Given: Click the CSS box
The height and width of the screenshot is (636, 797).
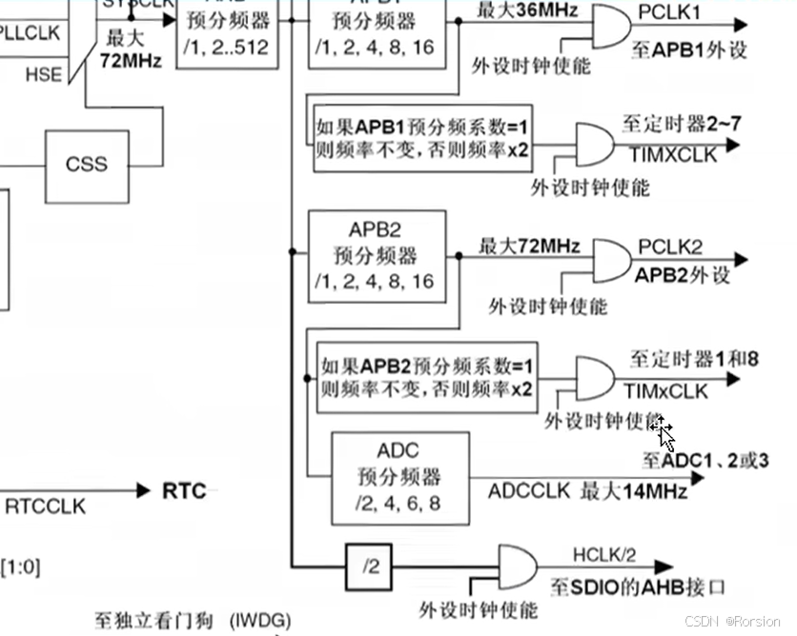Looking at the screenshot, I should pos(86,164).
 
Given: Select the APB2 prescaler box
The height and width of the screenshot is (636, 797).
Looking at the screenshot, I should pos(377,256).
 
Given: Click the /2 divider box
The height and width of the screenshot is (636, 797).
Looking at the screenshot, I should pos(370,566).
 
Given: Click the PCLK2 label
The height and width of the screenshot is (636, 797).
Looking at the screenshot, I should pos(670,247).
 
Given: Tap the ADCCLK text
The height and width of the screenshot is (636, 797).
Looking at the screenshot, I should pos(529,491).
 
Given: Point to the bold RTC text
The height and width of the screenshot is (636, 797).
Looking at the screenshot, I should pos(184,491).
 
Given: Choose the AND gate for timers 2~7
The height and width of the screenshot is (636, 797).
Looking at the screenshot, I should pos(594,145).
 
